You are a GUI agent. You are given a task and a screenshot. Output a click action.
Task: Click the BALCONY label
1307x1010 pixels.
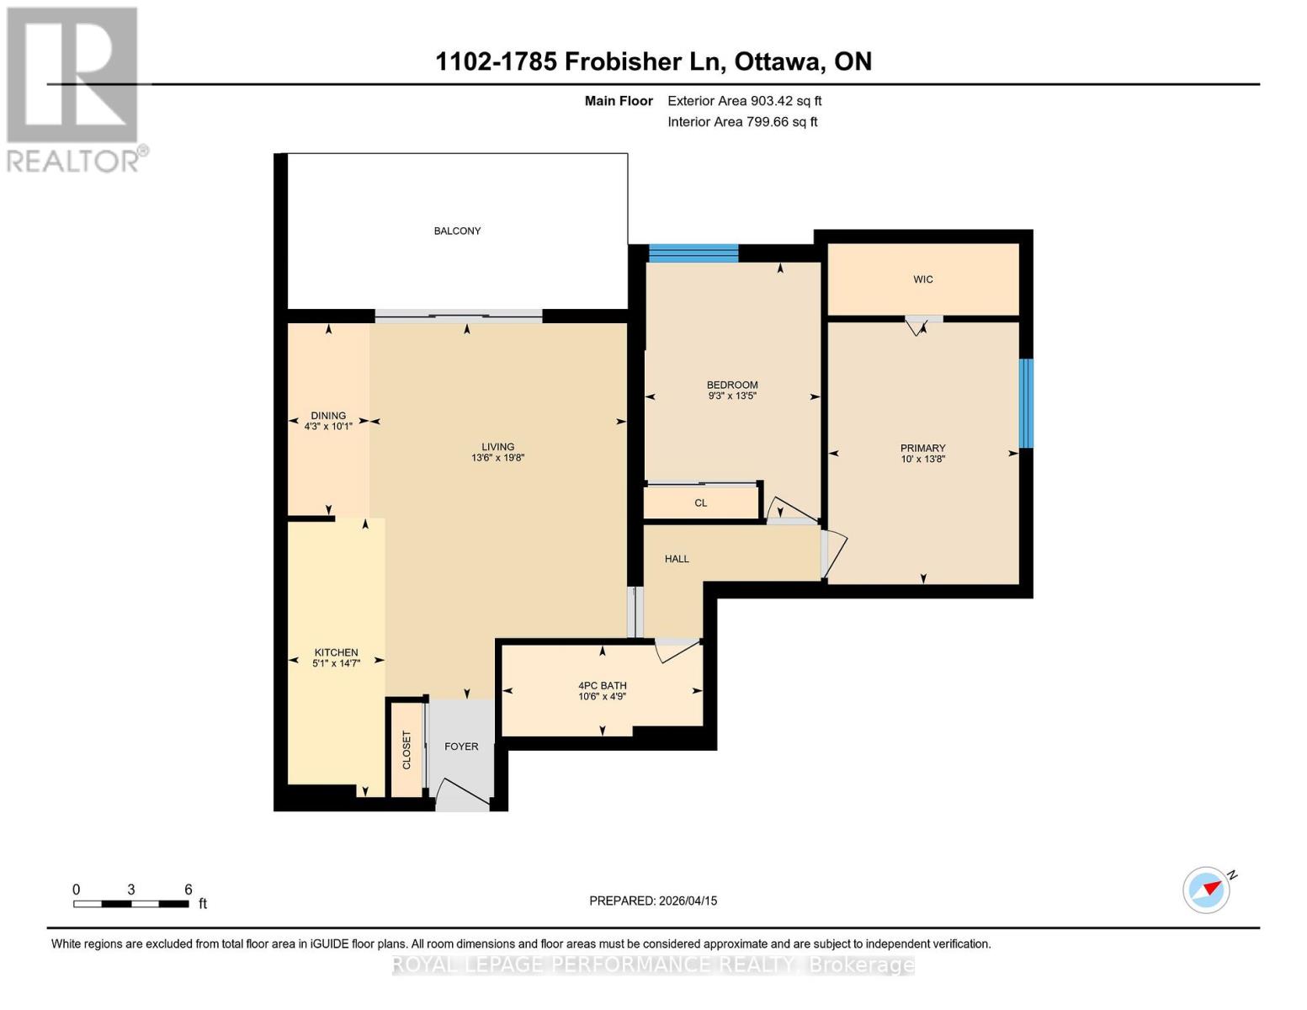tap(457, 231)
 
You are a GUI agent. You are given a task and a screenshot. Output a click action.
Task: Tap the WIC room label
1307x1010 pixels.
tap(922, 279)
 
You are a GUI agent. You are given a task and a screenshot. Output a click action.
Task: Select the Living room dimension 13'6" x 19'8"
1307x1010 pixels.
tap(497, 459)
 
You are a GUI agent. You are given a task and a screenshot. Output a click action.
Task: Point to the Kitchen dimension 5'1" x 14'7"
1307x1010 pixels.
tap(336, 664)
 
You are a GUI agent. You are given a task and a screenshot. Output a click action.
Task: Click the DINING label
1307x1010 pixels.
tap(328, 415)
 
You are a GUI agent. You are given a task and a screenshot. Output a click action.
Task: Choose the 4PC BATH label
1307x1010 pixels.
tap(602, 685)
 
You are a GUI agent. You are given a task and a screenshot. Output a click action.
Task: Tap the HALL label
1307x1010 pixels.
tap(677, 559)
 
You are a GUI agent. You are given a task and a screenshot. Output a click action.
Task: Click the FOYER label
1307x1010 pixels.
tap(461, 747)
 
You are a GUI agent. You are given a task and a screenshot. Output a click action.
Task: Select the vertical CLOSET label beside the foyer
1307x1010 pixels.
tap(406, 749)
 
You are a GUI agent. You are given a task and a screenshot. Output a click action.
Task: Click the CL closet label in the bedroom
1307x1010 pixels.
tap(700, 503)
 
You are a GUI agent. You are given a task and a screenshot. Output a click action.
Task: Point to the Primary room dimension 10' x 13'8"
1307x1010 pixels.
tap(922, 460)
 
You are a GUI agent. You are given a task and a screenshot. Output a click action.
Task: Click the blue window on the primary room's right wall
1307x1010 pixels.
tap(1025, 403)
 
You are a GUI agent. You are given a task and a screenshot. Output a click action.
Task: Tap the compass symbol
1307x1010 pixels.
tap(1207, 890)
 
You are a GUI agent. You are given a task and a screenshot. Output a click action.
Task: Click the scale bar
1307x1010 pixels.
tap(130, 904)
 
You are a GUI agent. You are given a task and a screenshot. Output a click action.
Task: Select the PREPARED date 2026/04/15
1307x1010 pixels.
tap(652, 901)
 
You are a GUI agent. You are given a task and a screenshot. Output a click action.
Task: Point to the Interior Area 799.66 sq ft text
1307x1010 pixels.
tap(742, 122)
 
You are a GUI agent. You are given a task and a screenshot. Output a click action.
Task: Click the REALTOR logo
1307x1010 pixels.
tap(74, 89)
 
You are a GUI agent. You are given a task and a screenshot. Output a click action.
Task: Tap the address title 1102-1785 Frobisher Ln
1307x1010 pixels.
tap(653, 61)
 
